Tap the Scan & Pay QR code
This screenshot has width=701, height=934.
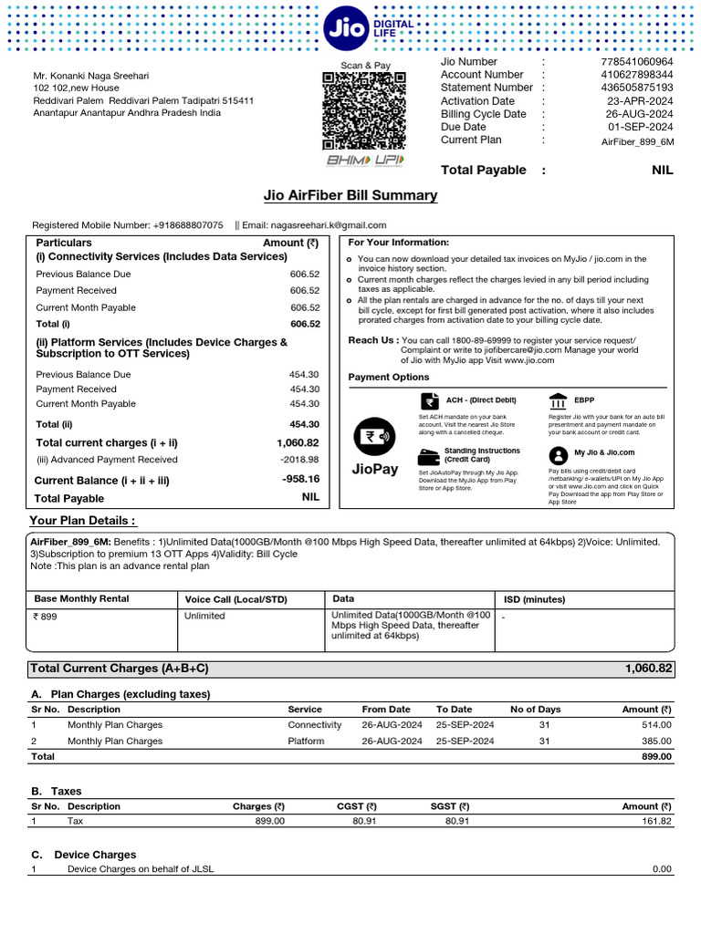[x=364, y=111]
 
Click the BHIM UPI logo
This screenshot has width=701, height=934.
[x=364, y=161]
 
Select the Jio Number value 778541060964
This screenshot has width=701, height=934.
[x=637, y=62]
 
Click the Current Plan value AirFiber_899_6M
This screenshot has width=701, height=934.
[x=637, y=141]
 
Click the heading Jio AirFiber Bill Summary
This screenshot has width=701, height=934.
[x=350, y=195]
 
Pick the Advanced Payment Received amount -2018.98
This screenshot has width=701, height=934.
[x=300, y=460]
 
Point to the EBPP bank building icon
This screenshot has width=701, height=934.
[x=558, y=401]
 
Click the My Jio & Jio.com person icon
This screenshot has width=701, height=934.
[x=557, y=453]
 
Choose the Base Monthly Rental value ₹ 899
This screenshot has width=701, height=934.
[x=45, y=616]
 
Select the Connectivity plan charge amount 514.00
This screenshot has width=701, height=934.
[x=656, y=725]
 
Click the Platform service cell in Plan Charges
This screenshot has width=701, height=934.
[x=306, y=742]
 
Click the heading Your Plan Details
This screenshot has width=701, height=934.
[x=83, y=521]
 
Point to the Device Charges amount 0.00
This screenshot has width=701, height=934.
[x=662, y=869]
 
